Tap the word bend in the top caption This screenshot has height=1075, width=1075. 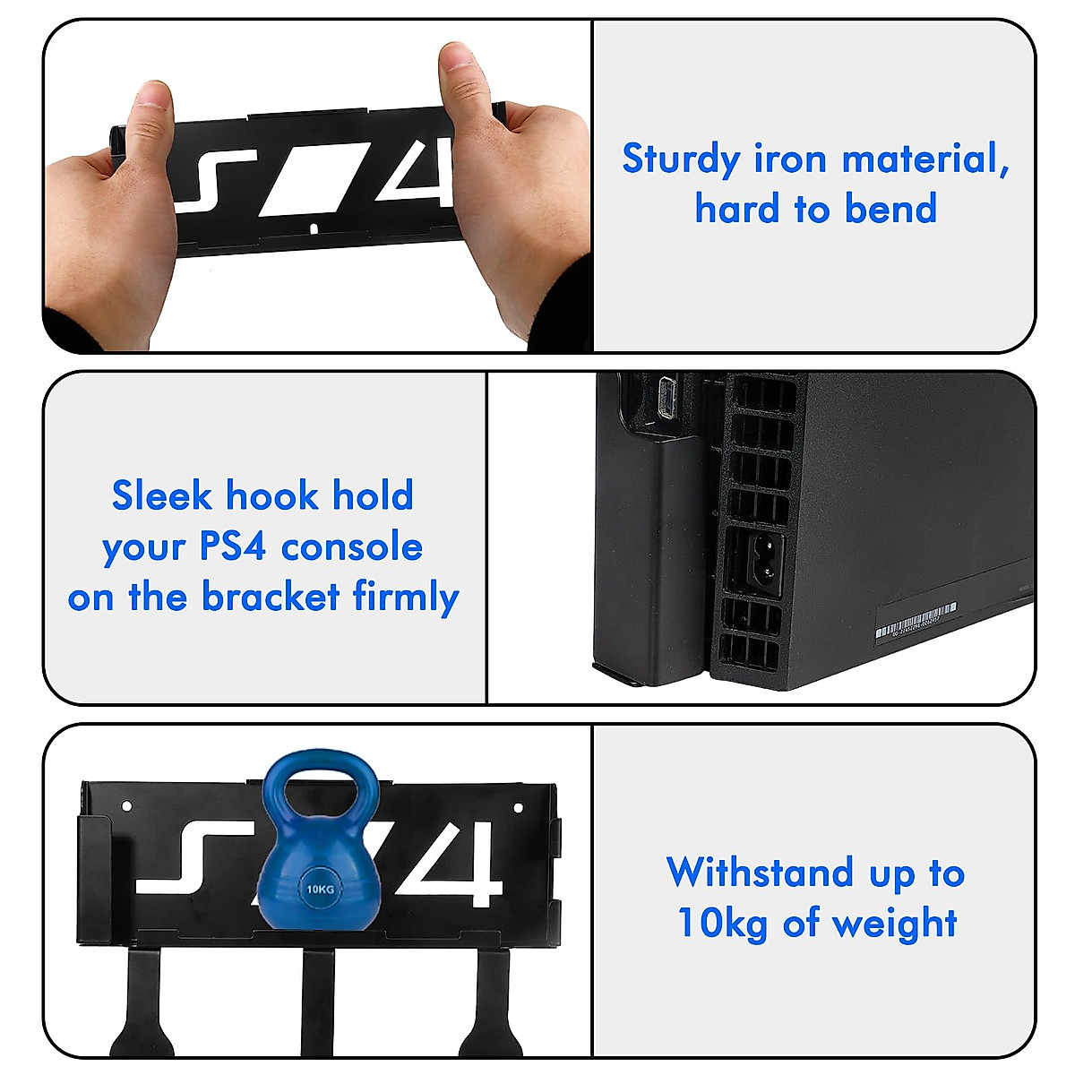(890, 210)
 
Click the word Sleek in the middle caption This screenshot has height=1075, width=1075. (162, 495)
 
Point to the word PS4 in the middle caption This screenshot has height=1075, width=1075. (232, 546)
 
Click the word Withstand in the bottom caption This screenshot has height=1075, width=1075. (760, 872)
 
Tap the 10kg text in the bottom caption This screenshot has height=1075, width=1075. (722, 923)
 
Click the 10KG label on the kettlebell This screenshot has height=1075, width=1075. (320, 889)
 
